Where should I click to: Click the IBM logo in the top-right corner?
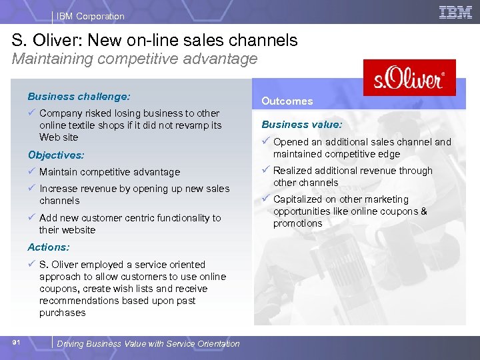click(x=455, y=12)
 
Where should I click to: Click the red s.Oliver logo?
click(x=409, y=77)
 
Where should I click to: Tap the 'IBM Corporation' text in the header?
click(x=91, y=16)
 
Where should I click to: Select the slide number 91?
click(x=18, y=342)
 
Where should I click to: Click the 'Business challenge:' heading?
click(x=79, y=96)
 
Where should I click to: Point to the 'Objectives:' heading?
click(x=56, y=155)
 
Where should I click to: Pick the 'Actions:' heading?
click(x=49, y=247)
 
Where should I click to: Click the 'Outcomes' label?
click(x=287, y=101)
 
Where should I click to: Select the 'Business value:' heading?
click(x=301, y=125)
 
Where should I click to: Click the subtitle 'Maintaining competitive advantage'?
click(x=135, y=59)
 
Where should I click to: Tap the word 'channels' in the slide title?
click(x=266, y=40)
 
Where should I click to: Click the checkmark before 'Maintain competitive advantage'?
click(x=31, y=171)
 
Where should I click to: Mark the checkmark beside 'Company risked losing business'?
click(x=31, y=113)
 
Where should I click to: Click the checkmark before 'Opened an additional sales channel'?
click(x=265, y=141)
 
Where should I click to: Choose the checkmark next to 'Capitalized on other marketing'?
click(x=265, y=199)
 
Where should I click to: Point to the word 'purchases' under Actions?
click(x=63, y=313)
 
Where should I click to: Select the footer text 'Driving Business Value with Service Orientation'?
click(x=148, y=344)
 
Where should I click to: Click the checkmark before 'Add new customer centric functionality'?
click(x=31, y=217)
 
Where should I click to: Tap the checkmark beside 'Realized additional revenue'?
click(x=265, y=170)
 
